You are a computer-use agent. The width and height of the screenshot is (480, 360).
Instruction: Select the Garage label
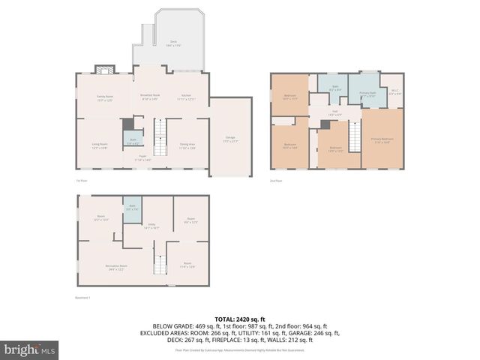point(230,139)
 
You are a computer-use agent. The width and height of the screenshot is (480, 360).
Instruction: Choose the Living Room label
point(100,145)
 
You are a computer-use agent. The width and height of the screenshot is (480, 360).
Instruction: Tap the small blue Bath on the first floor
point(133,140)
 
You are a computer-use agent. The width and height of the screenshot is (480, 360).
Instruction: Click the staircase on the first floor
point(160,139)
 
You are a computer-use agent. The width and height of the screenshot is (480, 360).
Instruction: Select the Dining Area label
point(187,145)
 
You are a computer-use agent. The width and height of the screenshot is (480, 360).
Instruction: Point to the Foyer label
point(142,158)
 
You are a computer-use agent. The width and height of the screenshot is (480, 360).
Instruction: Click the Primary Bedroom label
point(381,140)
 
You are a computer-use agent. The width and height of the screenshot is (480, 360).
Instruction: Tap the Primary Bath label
point(367,94)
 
